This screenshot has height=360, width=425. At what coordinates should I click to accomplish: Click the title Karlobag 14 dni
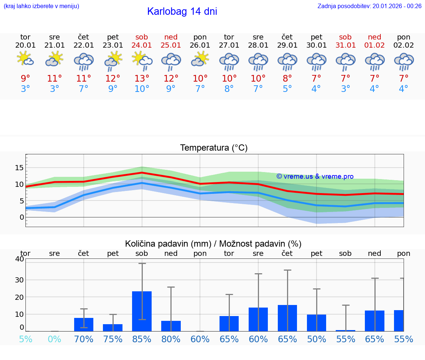pyautogui.click(x=182, y=11)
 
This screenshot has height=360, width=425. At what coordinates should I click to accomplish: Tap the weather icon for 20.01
pyautogui.click(x=25, y=59)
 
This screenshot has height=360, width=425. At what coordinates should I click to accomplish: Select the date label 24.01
pyautogui.click(x=142, y=45)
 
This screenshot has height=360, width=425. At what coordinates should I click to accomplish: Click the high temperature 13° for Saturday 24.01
pyautogui.click(x=142, y=78)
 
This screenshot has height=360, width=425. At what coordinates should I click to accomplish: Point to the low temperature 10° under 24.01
pyautogui.click(x=142, y=89)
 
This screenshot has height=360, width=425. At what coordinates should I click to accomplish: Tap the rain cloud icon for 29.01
pyautogui.click(x=287, y=61)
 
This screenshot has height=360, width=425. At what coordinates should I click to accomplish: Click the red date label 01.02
pyautogui.click(x=374, y=45)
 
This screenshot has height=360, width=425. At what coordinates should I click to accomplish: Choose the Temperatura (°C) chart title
pyautogui.click(x=214, y=148)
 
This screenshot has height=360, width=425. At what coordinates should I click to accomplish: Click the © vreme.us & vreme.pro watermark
pyautogui.click(x=315, y=176)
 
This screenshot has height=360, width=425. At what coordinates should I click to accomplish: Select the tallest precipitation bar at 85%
pyautogui.click(x=142, y=311)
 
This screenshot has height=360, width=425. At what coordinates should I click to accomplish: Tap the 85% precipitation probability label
pyautogui.click(x=142, y=339)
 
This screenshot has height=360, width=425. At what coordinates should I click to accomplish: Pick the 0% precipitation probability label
pyautogui.click(x=54, y=339)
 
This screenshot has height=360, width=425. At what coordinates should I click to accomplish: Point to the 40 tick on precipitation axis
pyautogui.click(x=19, y=259)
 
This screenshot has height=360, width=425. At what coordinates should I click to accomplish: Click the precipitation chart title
pyautogui.click(x=213, y=244)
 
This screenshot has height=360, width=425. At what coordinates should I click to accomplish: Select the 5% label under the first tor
pyautogui.click(x=25, y=339)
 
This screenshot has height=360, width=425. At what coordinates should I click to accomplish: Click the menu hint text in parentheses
pyautogui.click(x=41, y=6)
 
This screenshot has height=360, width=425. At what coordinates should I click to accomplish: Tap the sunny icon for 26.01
pyautogui.click(x=200, y=59)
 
